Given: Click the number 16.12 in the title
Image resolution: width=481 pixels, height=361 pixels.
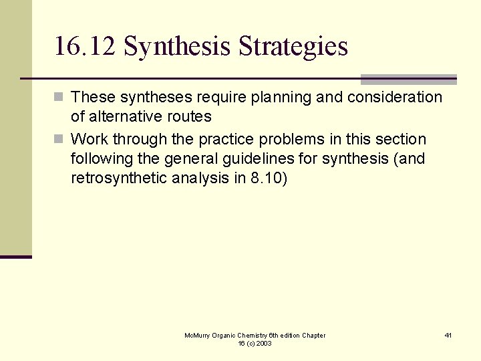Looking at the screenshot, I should pyautogui.click(x=85, y=47).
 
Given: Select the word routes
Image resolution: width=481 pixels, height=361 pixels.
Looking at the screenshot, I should pyautogui.click(x=190, y=117).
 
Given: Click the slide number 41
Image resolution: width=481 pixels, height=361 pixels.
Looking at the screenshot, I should pyautogui.click(x=448, y=335).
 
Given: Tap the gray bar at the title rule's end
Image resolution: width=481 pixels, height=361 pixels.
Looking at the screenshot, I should pyautogui.click(x=408, y=79).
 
